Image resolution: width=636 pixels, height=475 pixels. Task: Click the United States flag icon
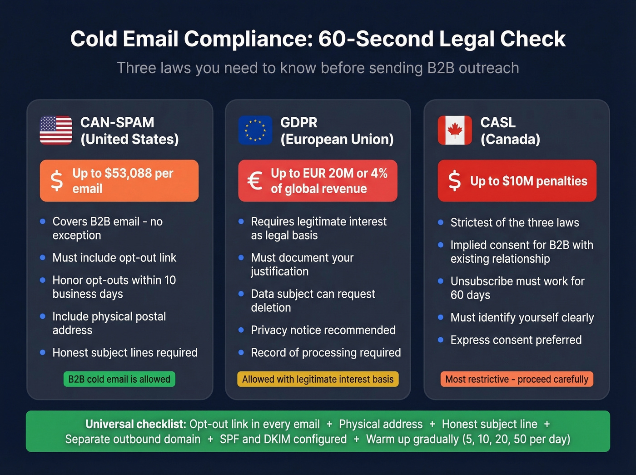click(56, 130)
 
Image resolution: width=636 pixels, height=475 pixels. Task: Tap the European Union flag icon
click(255, 130)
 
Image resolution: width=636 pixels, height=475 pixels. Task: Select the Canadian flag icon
click(454, 130)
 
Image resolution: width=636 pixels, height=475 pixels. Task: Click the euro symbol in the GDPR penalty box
click(255, 181)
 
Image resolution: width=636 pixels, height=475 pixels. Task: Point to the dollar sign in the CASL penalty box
click(454, 181)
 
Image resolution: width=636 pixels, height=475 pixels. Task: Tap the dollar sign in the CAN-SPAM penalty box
click(56, 181)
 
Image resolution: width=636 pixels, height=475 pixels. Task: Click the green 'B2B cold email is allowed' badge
click(119, 379)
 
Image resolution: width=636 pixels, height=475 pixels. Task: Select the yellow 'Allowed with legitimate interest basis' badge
click(318, 379)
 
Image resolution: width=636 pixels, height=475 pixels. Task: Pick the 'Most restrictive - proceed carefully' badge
click(517, 379)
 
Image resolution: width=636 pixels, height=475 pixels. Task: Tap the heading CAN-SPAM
click(117, 122)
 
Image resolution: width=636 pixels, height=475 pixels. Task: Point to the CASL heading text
click(498, 122)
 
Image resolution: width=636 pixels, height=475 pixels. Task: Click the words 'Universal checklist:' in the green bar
click(136, 424)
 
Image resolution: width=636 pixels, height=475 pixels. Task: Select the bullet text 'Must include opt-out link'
click(114, 258)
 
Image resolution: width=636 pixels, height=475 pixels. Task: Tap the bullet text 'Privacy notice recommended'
click(323, 330)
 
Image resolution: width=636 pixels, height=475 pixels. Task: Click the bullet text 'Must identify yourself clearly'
click(522, 317)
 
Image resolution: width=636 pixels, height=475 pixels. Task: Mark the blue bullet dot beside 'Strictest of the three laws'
click(440, 222)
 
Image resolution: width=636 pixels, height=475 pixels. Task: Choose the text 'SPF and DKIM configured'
click(283, 439)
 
